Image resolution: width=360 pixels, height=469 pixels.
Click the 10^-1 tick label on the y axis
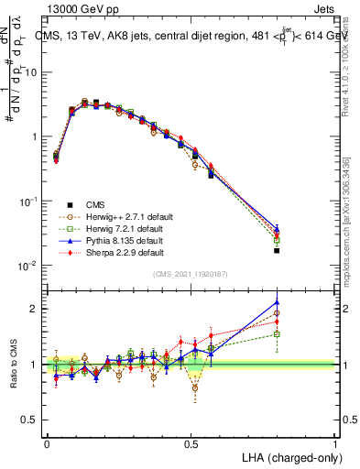point(30,202)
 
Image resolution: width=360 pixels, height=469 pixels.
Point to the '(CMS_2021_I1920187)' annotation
point(191,274)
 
